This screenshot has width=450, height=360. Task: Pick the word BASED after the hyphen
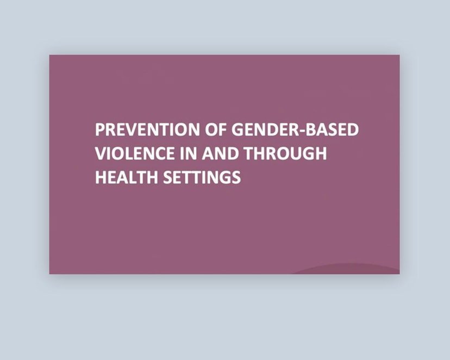pyautogui.click(x=334, y=131)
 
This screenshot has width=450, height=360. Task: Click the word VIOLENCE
pyautogui.click(x=131, y=154)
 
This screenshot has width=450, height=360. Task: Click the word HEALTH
pyautogui.click(x=126, y=177)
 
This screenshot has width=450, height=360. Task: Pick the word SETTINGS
pyautogui.click(x=202, y=177)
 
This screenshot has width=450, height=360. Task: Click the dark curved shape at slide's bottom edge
pyautogui.click(x=348, y=269)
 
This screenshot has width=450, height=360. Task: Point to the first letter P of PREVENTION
pyautogui.click(x=99, y=131)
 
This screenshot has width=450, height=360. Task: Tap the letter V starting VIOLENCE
pyautogui.click(x=101, y=154)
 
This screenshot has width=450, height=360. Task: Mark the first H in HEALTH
pyautogui.click(x=101, y=177)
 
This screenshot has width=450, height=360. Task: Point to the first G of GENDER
pyautogui.click(x=238, y=131)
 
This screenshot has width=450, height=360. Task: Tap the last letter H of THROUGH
pyautogui.click(x=320, y=154)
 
